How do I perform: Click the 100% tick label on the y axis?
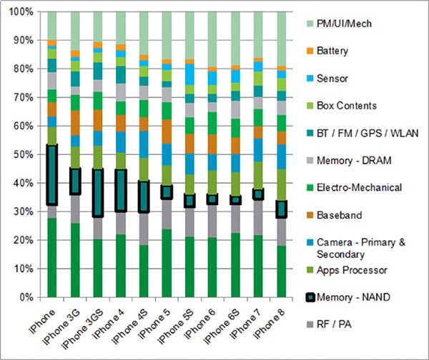point(20,12)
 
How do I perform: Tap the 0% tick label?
point(26,297)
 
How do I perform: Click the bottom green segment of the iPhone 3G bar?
point(74,259)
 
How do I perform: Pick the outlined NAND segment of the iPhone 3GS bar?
point(97,193)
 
